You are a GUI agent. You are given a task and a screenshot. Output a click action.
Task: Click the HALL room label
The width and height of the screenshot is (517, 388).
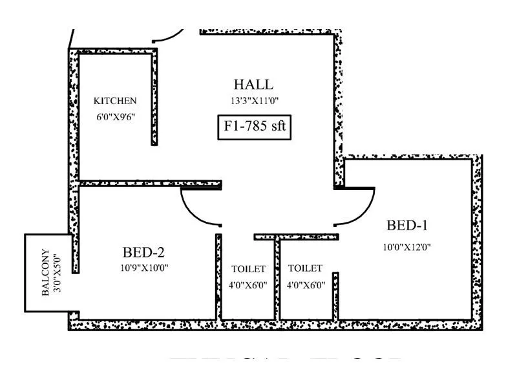(253, 84)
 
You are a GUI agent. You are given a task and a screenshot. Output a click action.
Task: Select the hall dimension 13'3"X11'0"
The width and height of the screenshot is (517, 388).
(253, 101)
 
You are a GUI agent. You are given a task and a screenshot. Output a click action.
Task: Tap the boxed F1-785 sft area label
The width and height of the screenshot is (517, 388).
(254, 127)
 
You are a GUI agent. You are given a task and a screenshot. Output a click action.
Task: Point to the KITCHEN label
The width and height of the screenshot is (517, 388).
(115, 101)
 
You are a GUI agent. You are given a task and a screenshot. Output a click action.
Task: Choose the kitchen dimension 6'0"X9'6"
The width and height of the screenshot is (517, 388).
(115, 118)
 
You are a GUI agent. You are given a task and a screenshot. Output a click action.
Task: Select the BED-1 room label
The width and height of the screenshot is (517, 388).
(407, 226)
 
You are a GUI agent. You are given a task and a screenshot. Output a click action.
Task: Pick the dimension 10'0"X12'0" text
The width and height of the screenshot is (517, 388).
(407, 246)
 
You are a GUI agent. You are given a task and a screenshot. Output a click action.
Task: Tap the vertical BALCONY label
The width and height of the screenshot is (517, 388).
(45, 272)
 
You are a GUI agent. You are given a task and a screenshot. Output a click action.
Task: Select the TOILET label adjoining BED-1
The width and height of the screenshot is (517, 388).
(305, 268)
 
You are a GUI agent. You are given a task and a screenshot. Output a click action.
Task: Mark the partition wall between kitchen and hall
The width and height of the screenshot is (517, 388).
(154, 97)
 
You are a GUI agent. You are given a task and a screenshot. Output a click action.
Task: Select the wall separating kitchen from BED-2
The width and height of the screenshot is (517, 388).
(149, 184)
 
